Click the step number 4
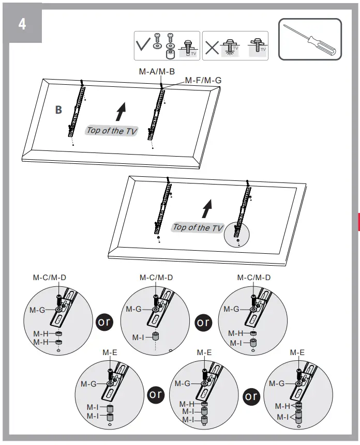pyautogui.click(x=22, y=24)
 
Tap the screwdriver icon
pyautogui.click(x=310, y=39)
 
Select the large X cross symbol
pyautogui.click(x=212, y=47)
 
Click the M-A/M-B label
pyautogui.click(x=157, y=72)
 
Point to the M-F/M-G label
pyautogui.click(x=203, y=81)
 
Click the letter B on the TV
pyautogui.click(x=59, y=110)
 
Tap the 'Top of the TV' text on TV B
pyautogui.click(x=112, y=130)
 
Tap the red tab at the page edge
pyautogui.click(x=358, y=221)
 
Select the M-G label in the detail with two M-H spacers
pyautogui.click(x=37, y=310)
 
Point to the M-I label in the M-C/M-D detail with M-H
pyautogui.click(x=235, y=343)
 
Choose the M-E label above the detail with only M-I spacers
pyautogui.click(x=109, y=352)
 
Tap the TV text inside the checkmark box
pyautogui.click(x=194, y=53)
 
